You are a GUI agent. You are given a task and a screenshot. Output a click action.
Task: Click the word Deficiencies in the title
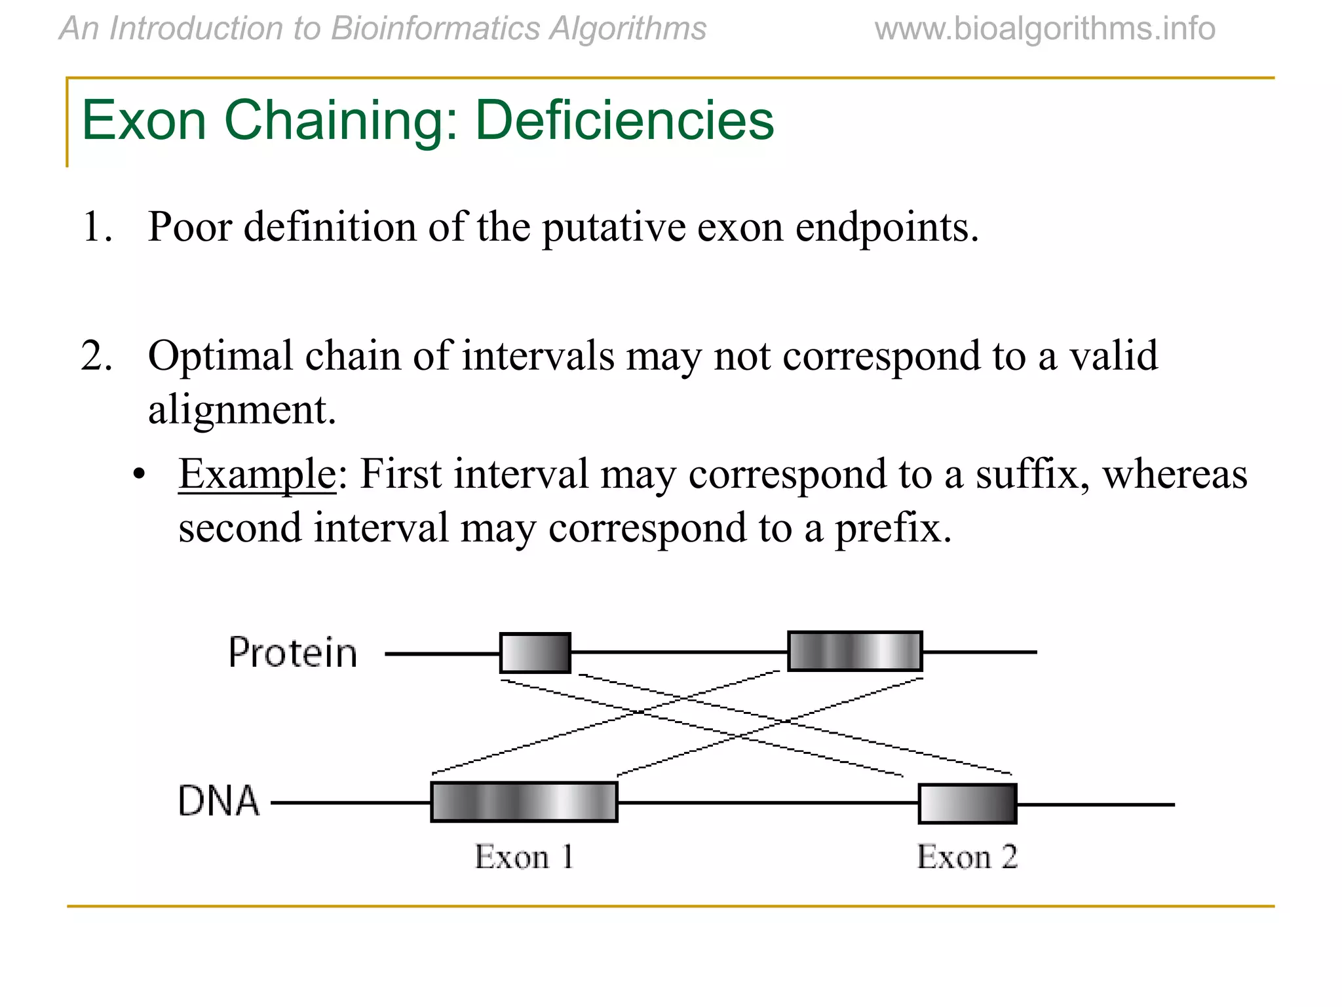click(624, 120)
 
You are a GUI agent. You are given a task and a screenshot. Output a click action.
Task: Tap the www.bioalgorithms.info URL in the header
click(1045, 29)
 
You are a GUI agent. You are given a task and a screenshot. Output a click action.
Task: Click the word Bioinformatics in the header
click(434, 29)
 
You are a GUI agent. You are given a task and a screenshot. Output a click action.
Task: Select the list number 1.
click(96, 227)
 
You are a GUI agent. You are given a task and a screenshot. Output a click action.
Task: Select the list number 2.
click(96, 356)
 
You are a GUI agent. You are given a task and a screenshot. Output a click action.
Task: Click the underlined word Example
click(257, 475)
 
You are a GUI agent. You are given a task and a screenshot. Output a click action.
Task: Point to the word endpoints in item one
click(886, 227)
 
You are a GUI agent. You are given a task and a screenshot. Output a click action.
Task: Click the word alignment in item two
click(241, 410)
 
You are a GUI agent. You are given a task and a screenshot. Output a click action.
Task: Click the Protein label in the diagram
click(293, 653)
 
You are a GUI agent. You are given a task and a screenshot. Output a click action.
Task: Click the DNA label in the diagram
click(219, 801)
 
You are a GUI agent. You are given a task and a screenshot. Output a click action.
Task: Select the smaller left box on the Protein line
click(535, 652)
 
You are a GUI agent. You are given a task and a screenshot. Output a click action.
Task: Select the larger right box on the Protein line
click(854, 651)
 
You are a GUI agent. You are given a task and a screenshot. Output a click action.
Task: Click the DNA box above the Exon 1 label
click(524, 801)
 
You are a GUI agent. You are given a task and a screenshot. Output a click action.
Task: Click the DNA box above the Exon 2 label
click(967, 803)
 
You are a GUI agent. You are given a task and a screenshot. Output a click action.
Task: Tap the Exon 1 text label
click(524, 857)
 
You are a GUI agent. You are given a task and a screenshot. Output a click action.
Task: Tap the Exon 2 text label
click(967, 857)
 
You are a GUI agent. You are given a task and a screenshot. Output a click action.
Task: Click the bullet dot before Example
click(138, 475)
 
